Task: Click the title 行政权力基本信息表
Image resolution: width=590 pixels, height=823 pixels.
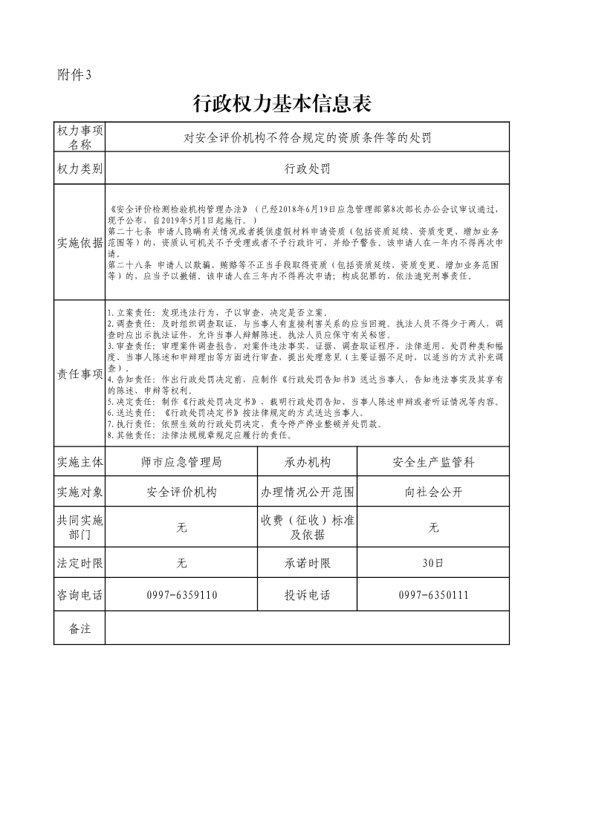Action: (282, 104)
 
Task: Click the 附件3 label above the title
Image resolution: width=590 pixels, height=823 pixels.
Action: (74, 74)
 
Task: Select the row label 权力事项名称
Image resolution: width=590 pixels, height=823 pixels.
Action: (80, 137)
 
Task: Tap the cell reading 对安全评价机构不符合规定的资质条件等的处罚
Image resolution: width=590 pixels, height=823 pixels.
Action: (307, 137)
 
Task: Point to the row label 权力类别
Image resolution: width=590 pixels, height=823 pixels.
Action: (80, 169)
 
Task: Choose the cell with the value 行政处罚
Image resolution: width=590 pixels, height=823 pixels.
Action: (307, 169)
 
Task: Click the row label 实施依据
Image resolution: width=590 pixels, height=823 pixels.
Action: (80, 243)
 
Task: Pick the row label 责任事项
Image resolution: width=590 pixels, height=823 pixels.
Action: (80, 374)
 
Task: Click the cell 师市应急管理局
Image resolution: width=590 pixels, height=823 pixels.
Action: (181, 462)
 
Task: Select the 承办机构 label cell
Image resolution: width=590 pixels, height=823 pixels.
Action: (307, 462)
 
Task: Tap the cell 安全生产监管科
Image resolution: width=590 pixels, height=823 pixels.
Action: (434, 462)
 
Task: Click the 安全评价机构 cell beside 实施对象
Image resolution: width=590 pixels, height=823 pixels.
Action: (181, 492)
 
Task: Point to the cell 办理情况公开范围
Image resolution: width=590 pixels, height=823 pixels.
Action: (307, 492)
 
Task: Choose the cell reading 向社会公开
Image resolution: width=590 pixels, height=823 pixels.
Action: (434, 492)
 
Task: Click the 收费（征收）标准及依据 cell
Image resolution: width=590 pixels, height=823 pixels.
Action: (307, 527)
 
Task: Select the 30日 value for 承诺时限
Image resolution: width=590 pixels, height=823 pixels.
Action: (434, 563)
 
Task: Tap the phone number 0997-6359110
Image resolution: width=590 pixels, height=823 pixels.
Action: (181, 595)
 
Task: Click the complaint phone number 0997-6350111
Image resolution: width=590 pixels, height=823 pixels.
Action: (434, 595)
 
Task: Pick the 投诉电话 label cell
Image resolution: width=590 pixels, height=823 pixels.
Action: (307, 595)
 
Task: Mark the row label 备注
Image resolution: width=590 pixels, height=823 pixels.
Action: (80, 628)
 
